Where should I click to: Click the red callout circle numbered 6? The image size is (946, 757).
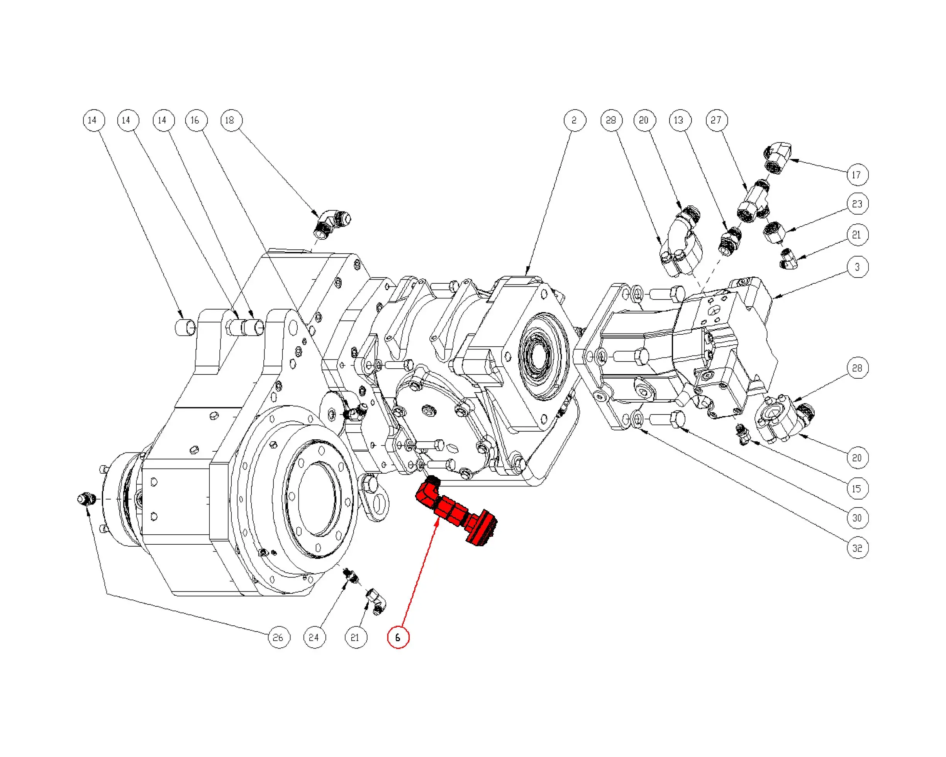(398, 637)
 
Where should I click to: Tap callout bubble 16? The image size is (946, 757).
(196, 120)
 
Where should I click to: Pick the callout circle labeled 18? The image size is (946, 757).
(231, 120)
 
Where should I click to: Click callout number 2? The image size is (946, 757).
(575, 120)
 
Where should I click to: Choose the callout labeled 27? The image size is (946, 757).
(717, 120)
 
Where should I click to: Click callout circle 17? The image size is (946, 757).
(857, 175)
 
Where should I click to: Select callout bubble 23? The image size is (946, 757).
(857, 204)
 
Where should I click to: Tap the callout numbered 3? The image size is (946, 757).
(857, 267)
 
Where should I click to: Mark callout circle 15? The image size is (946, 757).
(857, 489)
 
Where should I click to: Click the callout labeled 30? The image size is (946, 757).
(857, 518)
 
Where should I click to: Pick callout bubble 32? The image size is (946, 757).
(857, 548)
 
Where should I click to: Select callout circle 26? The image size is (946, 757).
(279, 637)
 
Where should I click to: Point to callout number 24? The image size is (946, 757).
(314, 637)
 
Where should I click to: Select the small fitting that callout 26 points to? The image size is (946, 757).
(86, 499)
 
